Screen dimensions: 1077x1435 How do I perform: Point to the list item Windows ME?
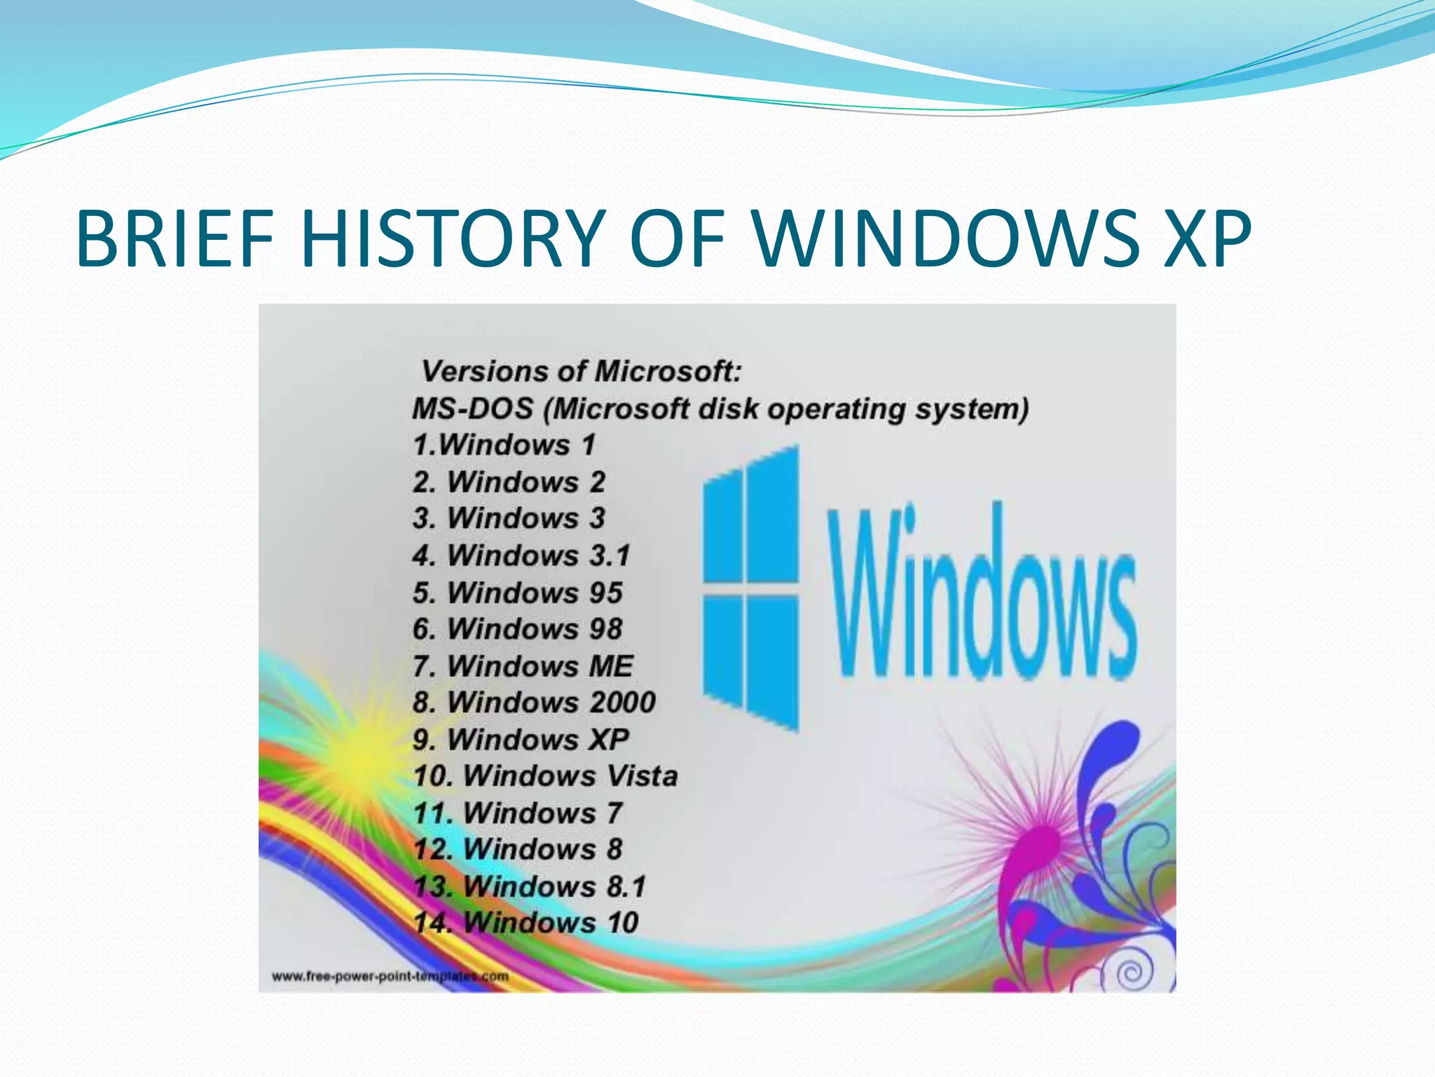click(523, 666)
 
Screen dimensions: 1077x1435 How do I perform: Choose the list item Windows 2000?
click(534, 703)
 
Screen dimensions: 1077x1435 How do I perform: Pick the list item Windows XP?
click(521, 740)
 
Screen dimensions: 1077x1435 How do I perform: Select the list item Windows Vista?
click(545, 776)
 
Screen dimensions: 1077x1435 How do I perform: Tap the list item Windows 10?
click(526, 923)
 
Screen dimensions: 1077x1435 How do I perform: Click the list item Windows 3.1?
click(521, 556)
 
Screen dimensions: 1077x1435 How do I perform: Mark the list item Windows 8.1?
click(529, 886)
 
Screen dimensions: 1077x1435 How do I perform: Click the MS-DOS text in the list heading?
click(473, 409)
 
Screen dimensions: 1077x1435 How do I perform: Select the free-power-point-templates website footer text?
click(390, 976)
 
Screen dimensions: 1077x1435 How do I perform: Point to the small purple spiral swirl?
click(1128, 972)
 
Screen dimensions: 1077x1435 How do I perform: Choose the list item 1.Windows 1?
click(504, 445)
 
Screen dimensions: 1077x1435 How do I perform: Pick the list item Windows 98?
click(517, 629)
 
